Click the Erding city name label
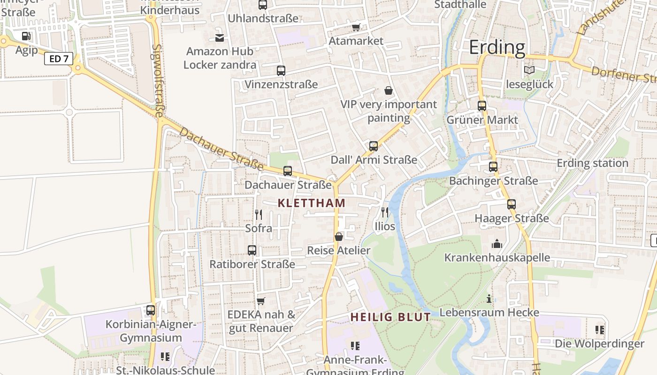click(497, 47)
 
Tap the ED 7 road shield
click(59, 59)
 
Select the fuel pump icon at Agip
click(26, 36)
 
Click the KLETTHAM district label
click(312, 203)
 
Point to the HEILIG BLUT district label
click(390, 317)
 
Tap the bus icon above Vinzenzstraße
click(281, 71)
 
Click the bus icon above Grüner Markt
click(482, 106)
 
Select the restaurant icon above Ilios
click(385, 212)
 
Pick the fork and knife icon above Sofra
click(259, 215)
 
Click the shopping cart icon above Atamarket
click(356, 27)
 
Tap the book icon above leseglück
click(529, 70)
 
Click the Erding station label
click(592, 163)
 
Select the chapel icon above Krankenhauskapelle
click(497, 244)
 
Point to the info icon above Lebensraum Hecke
click(489, 299)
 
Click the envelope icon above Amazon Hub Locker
click(219, 37)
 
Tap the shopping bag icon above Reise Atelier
click(338, 237)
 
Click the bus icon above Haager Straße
click(511, 204)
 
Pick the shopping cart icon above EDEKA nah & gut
click(261, 300)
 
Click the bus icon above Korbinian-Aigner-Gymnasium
click(150, 310)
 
